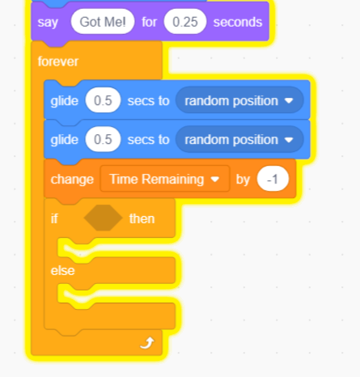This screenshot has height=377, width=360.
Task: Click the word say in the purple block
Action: [48, 23]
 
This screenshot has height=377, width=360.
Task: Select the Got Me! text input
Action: [103, 22]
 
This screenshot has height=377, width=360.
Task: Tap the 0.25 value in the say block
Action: [185, 22]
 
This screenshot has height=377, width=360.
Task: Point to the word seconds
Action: [238, 22]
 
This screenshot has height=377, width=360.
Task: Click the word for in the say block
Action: [149, 22]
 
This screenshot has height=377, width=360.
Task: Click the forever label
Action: [58, 61]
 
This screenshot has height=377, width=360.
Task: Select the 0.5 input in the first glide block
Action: [103, 100]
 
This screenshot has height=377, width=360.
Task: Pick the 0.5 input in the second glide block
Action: [103, 139]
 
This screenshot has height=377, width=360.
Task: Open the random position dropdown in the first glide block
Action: [239, 100]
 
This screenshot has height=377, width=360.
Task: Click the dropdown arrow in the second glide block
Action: [289, 140]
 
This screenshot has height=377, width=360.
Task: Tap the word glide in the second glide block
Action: [64, 140]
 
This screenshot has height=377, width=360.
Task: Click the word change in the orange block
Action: [72, 180]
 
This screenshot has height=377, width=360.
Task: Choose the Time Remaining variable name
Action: [157, 179]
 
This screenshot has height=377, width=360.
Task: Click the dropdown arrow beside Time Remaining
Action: [215, 179]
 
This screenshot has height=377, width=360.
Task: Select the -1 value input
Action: [273, 179]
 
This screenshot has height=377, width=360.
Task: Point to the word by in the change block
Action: [243, 180]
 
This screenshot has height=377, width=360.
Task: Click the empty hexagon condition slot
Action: [103, 218]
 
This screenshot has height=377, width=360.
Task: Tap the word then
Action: [142, 218]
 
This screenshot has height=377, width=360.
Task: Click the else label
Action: [62, 270]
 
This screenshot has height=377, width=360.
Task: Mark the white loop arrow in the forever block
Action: [147, 343]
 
